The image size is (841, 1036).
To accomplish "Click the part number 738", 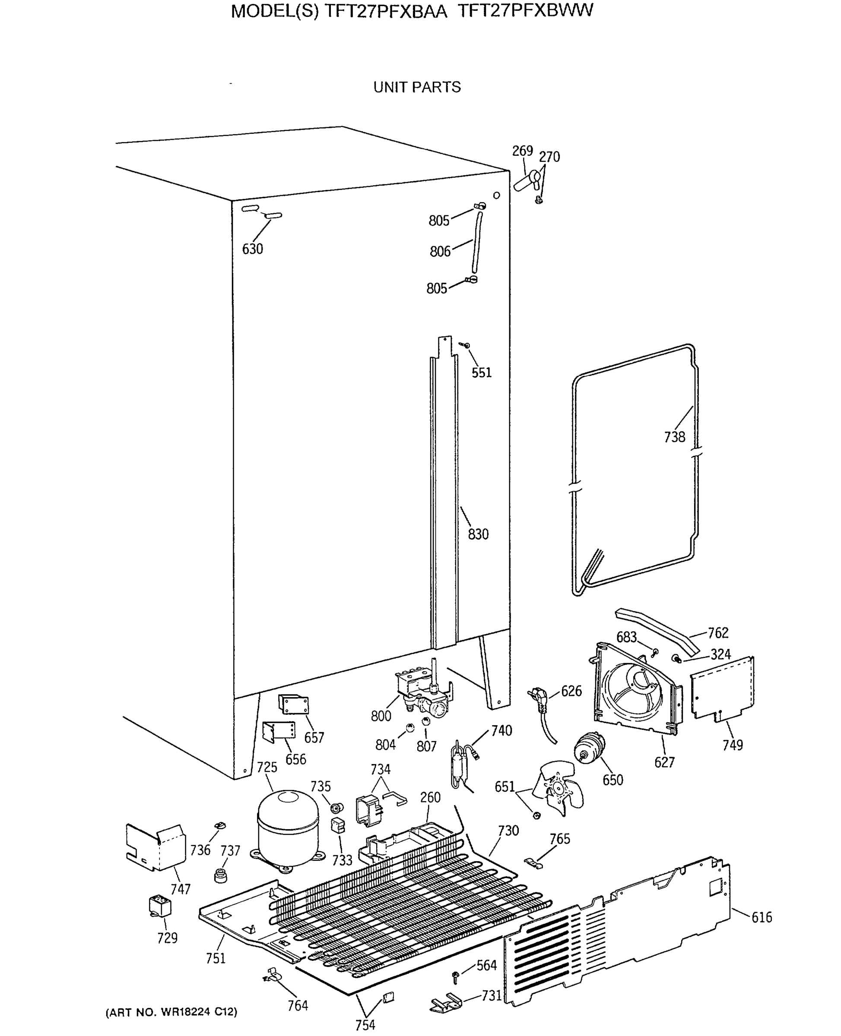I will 674,437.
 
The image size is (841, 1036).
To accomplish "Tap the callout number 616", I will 762,917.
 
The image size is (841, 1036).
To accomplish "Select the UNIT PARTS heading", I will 417,87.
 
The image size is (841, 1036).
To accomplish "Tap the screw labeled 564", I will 455,976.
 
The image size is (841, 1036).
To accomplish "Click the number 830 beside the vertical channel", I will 478,534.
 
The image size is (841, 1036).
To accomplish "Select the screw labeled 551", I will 466,345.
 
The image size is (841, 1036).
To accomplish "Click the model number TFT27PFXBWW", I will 525,11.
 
